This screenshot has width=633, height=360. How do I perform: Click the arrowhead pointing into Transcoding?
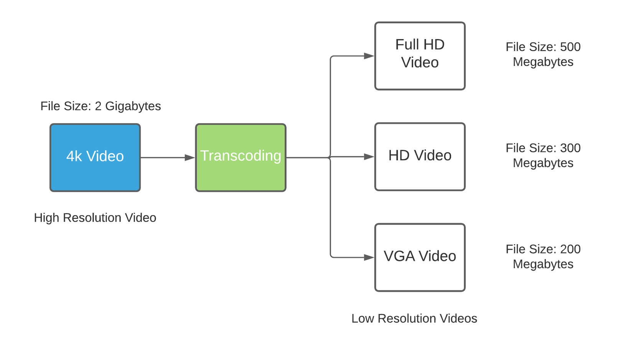point(190,158)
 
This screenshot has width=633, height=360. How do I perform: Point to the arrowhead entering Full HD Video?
point(369,56)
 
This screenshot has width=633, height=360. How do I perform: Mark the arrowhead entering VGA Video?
point(369,257)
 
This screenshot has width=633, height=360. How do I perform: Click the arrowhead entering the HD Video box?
point(369,157)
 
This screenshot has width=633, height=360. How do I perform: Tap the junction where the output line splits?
point(330,157)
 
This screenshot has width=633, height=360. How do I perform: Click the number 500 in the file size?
point(570,47)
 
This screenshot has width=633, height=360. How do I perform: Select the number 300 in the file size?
point(570,148)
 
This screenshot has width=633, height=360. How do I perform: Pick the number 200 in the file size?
point(570,249)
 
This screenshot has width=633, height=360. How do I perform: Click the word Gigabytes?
point(133,106)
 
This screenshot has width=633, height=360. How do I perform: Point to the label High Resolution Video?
point(95,218)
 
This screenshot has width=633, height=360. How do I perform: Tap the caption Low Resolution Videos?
point(414,319)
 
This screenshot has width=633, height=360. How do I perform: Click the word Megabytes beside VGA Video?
point(543,264)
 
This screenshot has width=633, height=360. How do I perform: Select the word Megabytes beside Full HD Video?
point(543,62)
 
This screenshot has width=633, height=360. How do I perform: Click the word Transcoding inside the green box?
point(241,156)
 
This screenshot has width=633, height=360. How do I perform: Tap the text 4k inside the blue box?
point(74,156)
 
